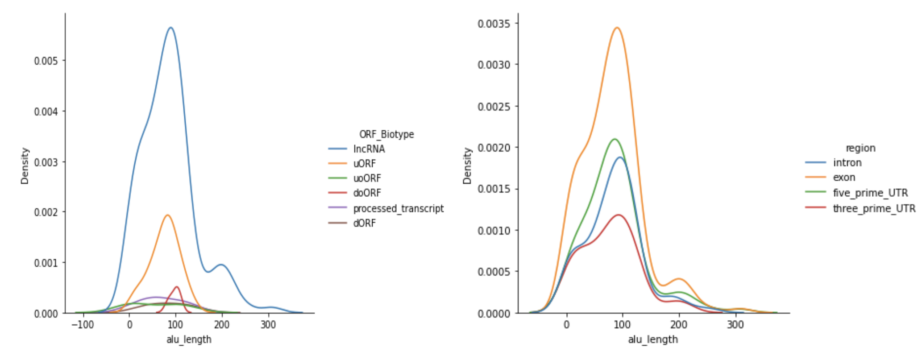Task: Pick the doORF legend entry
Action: pyautogui.click(x=354, y=193)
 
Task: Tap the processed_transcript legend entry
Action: pyautogui.click(x=386, y=208)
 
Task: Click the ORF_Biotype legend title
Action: pyautogui.click(x=386, y=134)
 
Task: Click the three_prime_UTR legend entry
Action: pyautogui.click(x=860, y=208)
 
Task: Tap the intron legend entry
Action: pyautogui.click(x=833, y=163)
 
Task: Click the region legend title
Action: pyautogui.click(x=860, y=148)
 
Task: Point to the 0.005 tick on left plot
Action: pyautogui.click(x=46, y=61)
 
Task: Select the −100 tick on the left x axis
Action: pyautogui.click(x=83, y=325)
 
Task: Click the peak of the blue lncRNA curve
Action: pyautogui.click(x=170, y=28)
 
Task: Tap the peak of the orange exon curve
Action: pyautogui.click(x=617, y=28)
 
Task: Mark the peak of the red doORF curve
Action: pyautogui.click(x=177, y=287)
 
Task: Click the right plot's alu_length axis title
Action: pyautogui.click(x=653, y=339)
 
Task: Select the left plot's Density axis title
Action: pyautogui.click(x=25, y=166)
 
